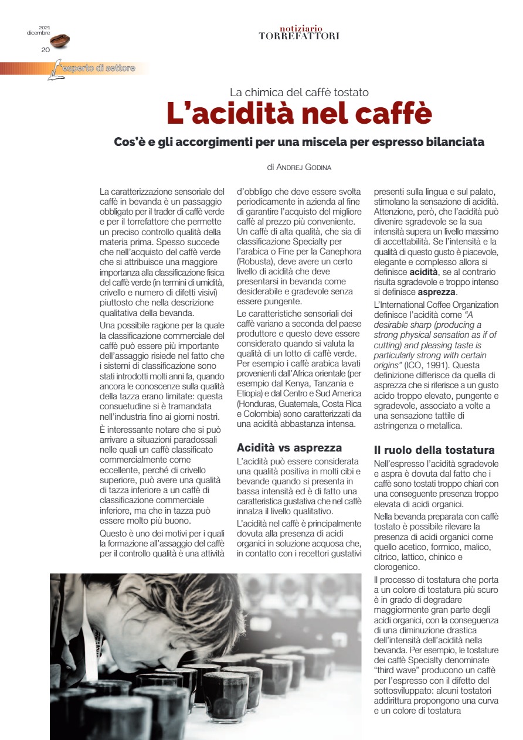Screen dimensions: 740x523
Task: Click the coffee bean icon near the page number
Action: click(x=60, y=40)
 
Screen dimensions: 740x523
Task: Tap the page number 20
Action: click(x=45, y=50)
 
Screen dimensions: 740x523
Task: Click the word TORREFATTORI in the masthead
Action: click(x=299, y=36)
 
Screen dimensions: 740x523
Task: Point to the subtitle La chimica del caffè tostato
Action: click(x=299, y=91)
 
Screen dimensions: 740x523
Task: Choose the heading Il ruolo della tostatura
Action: click(x=434, y=450)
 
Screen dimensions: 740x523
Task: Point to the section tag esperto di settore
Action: click(x=100, y=69)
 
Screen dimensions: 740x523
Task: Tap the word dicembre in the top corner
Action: click(x=39, y=32)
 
